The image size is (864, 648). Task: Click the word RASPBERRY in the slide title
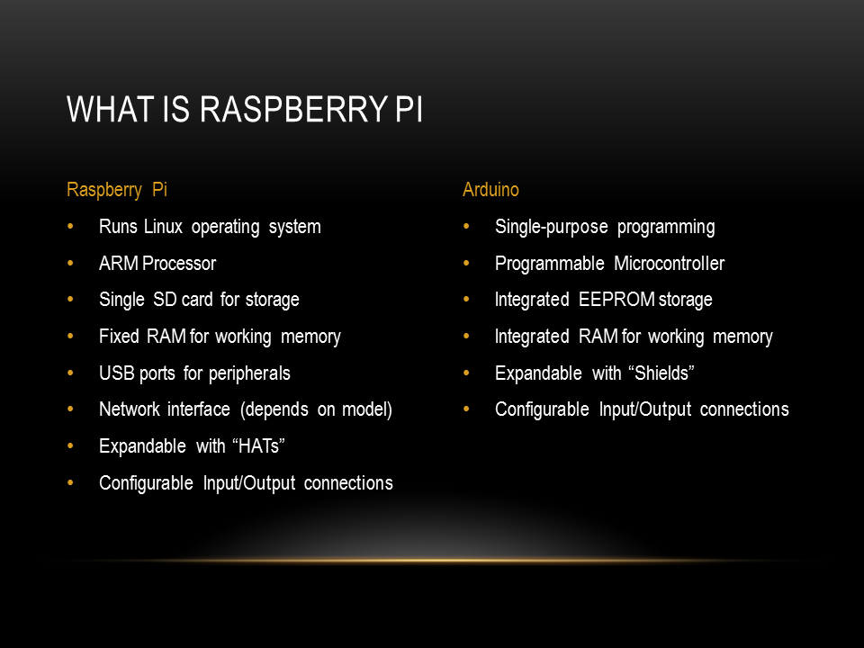coord(294,109)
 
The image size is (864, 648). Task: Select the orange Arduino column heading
coord(490,190)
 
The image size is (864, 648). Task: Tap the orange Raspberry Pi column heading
coord(117,191)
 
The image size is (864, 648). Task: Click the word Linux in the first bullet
coord(163,227)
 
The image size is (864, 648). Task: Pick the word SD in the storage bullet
coord(165,300)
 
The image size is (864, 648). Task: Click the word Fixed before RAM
coord(119,336)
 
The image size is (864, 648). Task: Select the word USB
coord(117,373)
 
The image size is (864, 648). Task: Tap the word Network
coord(130,409)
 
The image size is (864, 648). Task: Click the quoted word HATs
coord(258,445)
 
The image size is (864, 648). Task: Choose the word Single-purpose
coord(552,228)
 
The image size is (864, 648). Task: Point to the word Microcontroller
coord(669,264)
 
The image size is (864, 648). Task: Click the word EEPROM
coord(616,300)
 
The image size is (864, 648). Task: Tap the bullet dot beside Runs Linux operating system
coord(70,226)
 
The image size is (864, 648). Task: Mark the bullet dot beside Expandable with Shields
coord(466,373)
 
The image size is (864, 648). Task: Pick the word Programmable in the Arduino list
coord(549,265)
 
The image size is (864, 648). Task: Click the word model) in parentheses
coord(367,410)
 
